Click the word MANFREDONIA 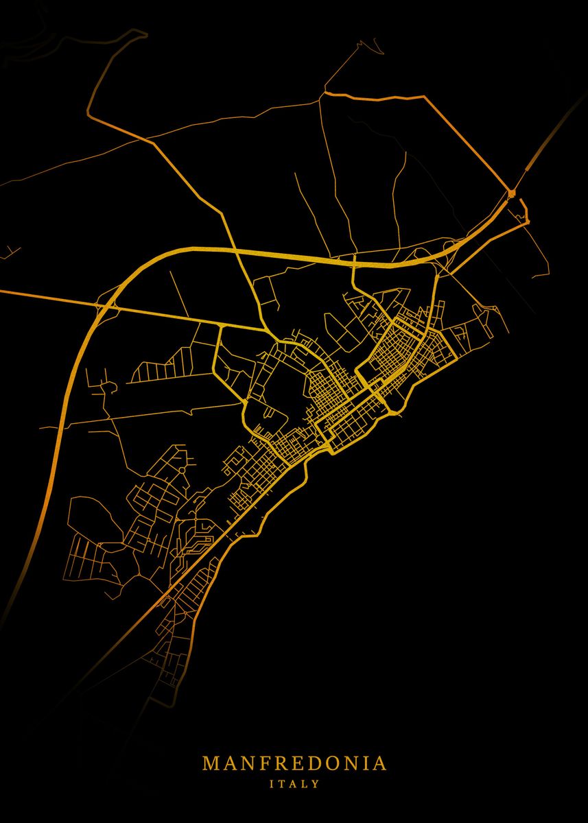[294, 763]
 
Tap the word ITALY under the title [294, 783]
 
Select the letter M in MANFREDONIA [211, 763]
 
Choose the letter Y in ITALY [316, 783]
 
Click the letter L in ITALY [305, 783]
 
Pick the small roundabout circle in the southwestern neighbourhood [108, 388]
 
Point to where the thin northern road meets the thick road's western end [325, 92]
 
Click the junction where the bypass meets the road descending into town [353, 262]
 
